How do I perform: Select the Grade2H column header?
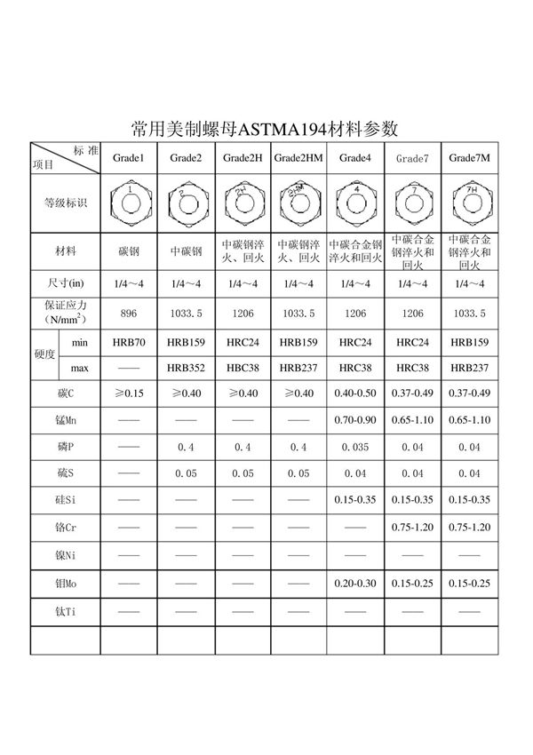[242, 158]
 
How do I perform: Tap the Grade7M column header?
[469, 158]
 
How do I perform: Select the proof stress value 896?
[129, 314]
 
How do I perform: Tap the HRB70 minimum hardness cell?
[129, 342]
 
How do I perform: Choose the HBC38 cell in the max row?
[242, 367]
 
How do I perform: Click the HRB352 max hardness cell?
[186, 367]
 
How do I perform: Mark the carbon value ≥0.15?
[129, 393]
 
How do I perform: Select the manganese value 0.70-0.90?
[356, 418]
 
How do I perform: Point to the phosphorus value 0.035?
[356, 447]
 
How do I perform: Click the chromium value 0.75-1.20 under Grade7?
[412, 527]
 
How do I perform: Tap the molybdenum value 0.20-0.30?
[356, 584]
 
